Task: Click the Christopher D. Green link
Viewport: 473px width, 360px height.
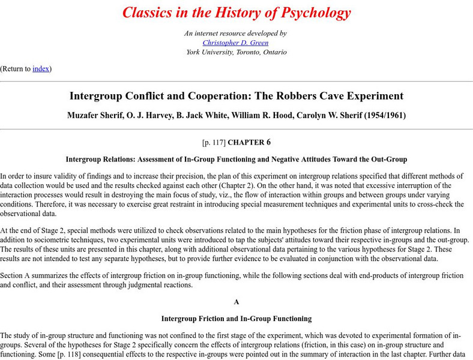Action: [x=236, y=43]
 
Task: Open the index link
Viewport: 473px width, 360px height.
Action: [x=41, y=68]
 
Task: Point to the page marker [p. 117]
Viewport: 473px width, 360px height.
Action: [x=214, y=143]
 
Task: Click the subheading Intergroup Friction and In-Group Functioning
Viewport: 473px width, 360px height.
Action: [x=237, y=319]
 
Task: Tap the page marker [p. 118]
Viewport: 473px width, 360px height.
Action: [x=67, y=355]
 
